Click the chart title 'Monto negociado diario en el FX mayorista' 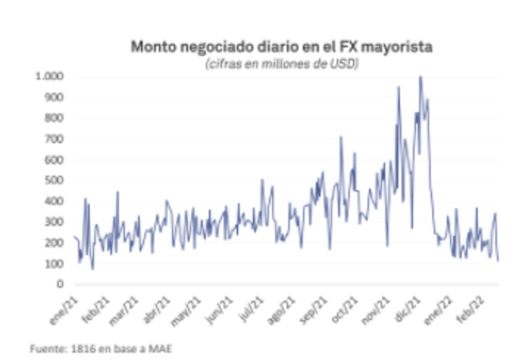(281, 47)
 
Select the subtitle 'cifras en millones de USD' (282, 64)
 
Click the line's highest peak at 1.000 (420, 77)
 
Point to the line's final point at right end (498, 260)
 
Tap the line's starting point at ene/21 (75, 237)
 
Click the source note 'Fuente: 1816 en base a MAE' (101, 349)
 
